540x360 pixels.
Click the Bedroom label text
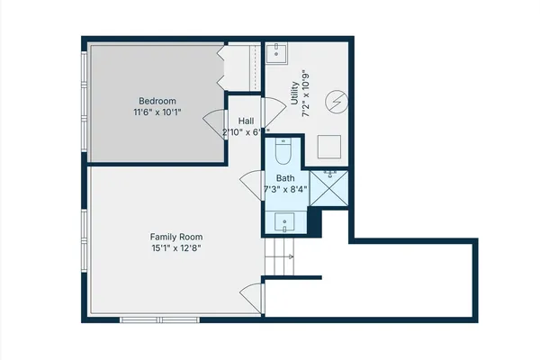click(x=157, y=100)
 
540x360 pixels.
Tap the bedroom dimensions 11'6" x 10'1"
click(x=157, y=112)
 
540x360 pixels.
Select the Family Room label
click(x=175, y=236)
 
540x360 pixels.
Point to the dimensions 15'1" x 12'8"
click(x=175, y=248)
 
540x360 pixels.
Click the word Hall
click(x=246, y=120)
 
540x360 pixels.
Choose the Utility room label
click(x=294, y=94)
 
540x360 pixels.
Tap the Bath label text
click(x=285, y=178)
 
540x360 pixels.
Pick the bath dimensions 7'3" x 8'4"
click(x=285, y=190)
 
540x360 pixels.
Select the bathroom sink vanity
click(x=285, y=220)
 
